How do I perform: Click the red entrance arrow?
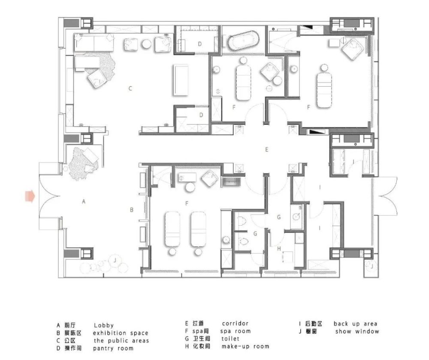(30, 196)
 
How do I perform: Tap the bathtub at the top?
(243, 41)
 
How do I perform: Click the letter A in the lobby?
(84, 202)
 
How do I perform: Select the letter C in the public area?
(130, 88)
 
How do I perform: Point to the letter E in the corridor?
(267, 150)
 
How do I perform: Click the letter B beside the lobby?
(132, 210)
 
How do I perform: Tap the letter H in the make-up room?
(279, 248)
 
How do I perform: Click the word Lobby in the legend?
(104, 325)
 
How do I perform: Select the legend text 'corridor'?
(235, 324)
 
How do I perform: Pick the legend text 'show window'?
(357, 331)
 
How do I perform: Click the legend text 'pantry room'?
(113, 348)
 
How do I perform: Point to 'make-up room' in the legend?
(245, 346)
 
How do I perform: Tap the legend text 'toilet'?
(230, 339)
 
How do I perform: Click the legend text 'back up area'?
(355, 324)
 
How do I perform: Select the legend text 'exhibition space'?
(121, 333)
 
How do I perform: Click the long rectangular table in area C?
(181, 80)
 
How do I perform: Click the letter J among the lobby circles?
(115, 260)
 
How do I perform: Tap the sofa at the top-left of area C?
(94, 42)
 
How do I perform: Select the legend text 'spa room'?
(235, 331)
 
